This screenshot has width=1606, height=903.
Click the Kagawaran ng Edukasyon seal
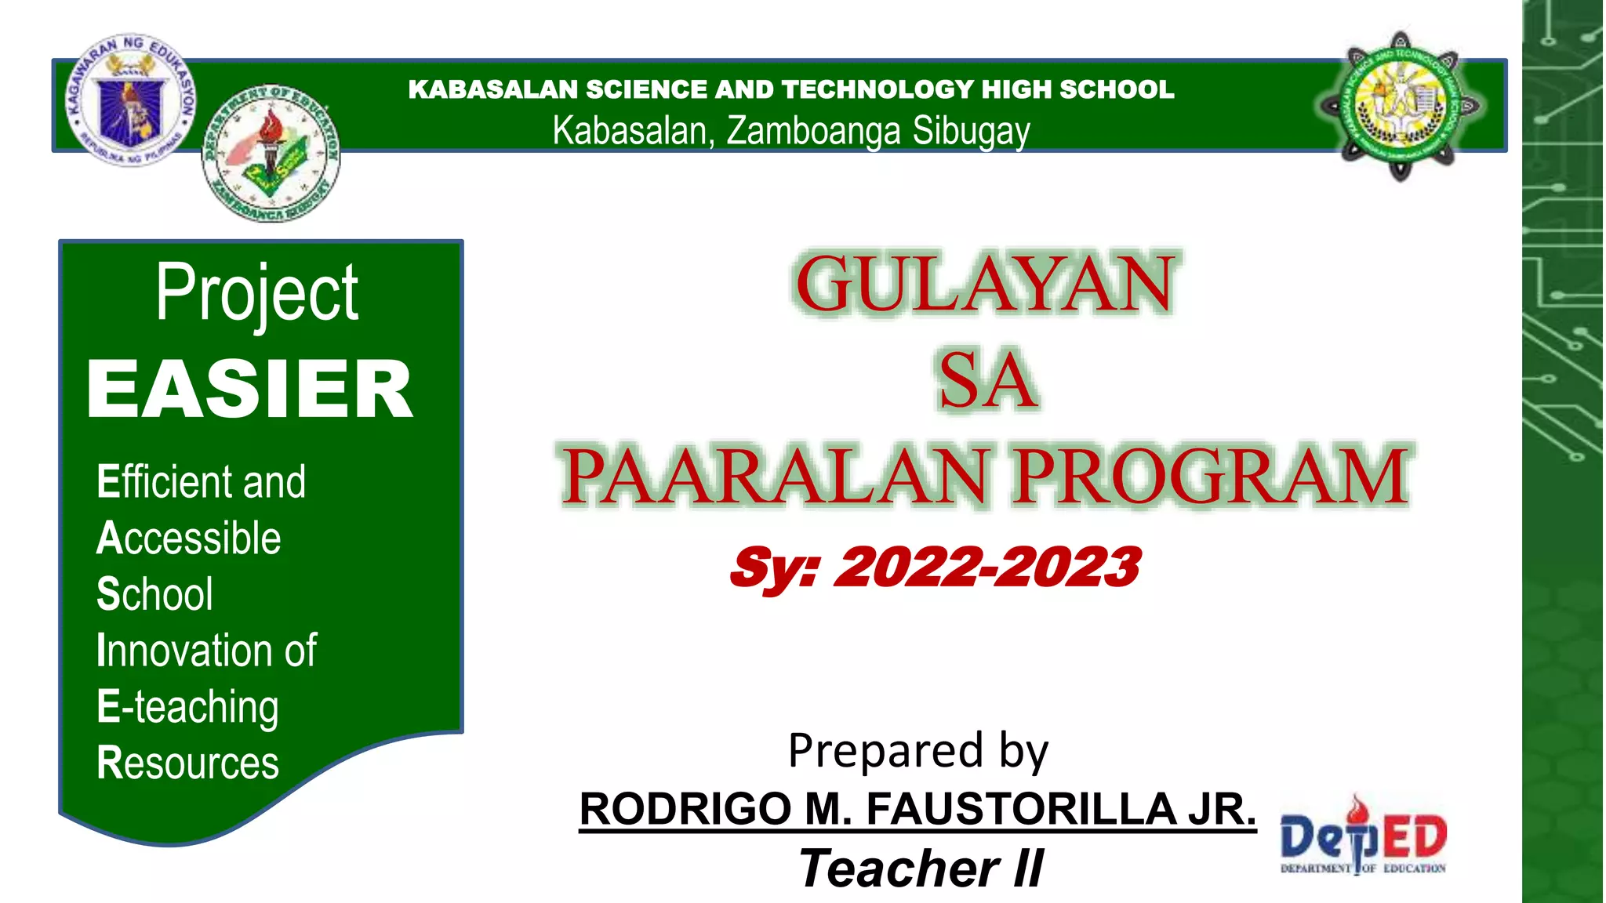point(131,100)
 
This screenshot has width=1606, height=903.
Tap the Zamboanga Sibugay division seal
point(271,154)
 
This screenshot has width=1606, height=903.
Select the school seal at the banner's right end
point(1401,106)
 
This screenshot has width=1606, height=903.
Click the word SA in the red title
point(987,381)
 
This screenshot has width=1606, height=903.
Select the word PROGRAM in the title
point(1212,477)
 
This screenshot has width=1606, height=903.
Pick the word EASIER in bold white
point(249,390)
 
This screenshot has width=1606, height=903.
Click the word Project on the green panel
point(256,293)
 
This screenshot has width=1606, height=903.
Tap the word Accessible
point(188,539)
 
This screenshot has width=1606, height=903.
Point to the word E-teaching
point(187,707)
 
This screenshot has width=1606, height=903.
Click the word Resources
point(187,763)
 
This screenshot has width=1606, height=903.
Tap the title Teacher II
point(921,869)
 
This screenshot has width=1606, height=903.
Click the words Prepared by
point(917,750)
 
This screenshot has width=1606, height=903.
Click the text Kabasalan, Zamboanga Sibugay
point(790,131)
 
